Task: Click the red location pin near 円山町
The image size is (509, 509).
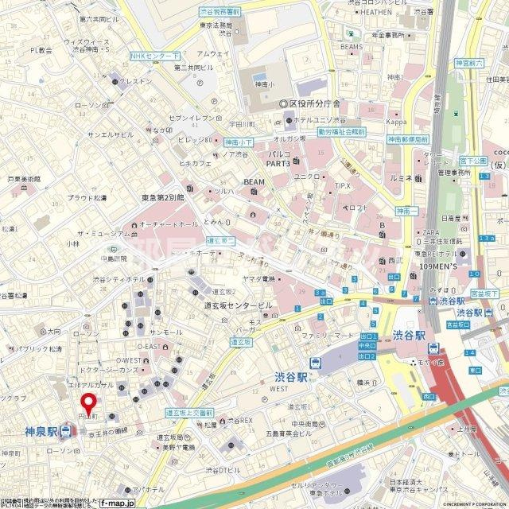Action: (90, 402)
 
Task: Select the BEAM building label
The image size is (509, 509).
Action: (254, 182)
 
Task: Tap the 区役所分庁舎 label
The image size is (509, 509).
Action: (314, 104)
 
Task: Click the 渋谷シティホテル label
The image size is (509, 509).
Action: (119, 280)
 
